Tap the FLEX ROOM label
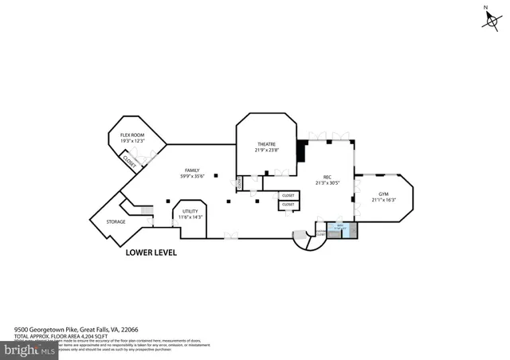(x=131, y=135)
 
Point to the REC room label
(x=327, y=177)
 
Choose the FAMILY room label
(x=192, y=170)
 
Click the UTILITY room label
(x=190, y=211)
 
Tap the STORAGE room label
(x=116, y=221)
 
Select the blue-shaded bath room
(x=340, y=230)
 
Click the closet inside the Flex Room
(x=128, y=159)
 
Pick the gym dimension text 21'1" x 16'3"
(x=383, y=200)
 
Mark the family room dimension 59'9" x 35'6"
(x=192, y=177)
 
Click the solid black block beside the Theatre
(x=302, y=150)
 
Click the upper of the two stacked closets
(x=288, y=195)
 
